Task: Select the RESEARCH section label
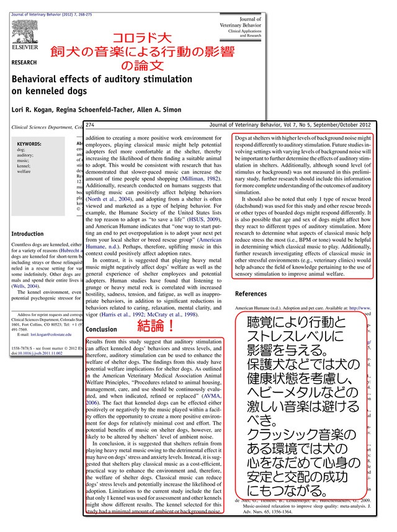click(24, 63)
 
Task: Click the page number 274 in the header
click(93, 123)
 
